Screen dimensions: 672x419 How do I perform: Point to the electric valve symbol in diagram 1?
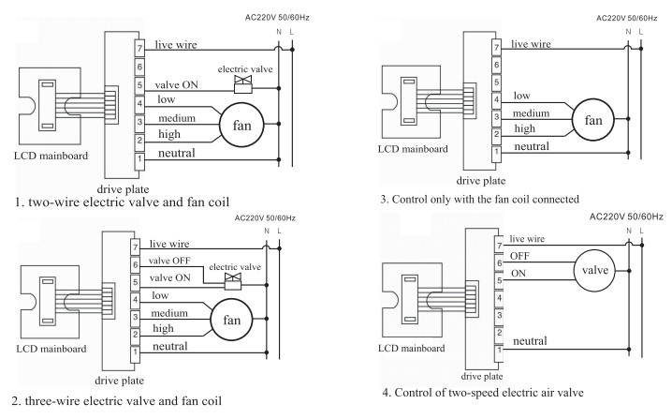pos(243,84)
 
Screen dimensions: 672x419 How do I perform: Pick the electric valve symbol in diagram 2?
pos(233,281)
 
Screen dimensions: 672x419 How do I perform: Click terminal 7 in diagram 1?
pos(139,49)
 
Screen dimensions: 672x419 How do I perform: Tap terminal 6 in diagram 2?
pos(135,265)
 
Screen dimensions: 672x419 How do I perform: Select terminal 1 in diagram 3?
pos(496,153)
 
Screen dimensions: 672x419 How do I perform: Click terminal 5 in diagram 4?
pos(499,280)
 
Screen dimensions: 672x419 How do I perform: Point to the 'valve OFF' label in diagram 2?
pos(169,261)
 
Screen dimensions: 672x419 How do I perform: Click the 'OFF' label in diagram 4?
pos(519,256)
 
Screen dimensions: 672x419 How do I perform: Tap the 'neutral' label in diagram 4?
pos(530,341)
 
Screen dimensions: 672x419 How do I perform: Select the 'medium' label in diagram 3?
pos(531,112)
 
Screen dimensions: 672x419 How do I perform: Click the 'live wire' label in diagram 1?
pos(176,45)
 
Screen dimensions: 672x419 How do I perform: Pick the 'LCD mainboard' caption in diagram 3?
pos(413,149)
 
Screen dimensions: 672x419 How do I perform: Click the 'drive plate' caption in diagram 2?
pos(119,381)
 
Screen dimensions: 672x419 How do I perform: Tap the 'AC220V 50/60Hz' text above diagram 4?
pos(626,217)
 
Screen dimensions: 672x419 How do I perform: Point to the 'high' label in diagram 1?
pos(169,134)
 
